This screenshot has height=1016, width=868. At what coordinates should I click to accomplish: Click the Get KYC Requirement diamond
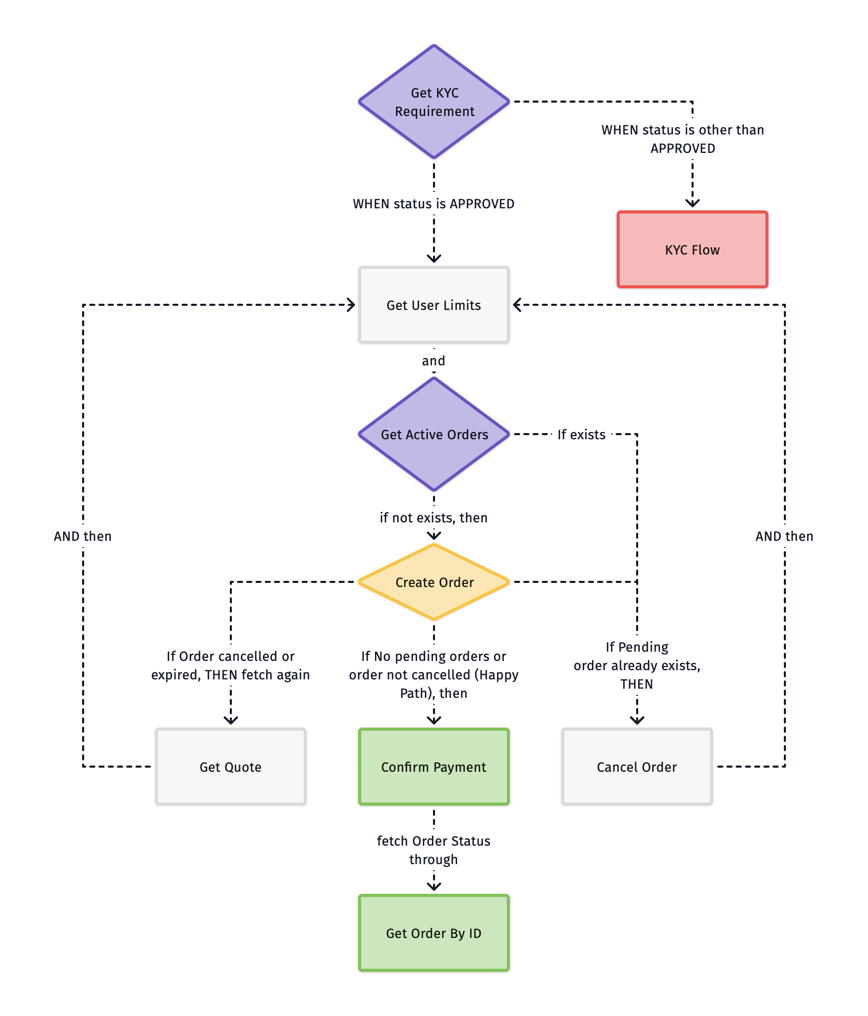click(434, 102)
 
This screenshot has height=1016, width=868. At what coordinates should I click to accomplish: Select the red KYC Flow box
click(692, 249)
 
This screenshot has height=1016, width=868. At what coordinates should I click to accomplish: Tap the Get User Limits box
click(434, 305)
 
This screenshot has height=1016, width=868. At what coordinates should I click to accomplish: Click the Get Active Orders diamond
click(434, 434)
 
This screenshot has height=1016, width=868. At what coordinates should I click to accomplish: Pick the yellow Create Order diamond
click(434, 582)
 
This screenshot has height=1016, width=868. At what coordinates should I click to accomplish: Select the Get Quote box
click(230, 767)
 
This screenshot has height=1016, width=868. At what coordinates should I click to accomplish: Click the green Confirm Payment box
click(434, 767)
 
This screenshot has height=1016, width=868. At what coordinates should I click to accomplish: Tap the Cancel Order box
click(637, 767)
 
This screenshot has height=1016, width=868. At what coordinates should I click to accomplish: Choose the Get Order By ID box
click(434, 933)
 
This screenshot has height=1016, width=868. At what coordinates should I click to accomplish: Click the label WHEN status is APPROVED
click(434, 204)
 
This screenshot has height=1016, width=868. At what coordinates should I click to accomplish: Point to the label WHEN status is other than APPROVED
click(683, 139)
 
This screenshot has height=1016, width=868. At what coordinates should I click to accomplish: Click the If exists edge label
click(581, 435)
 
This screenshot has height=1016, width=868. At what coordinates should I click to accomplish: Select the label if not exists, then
click(434, 518)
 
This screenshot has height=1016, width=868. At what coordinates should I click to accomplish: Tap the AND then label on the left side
click(83, 536)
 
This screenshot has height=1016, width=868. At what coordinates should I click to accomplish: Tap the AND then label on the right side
click(784, 536)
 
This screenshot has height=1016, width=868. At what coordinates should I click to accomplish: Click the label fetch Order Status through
click(434, 850)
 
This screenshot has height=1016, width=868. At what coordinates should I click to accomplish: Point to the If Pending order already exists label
click(637, 665)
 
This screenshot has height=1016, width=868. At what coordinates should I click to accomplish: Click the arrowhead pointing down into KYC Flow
click(693, 204)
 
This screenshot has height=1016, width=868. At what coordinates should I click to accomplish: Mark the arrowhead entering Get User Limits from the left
click(351, 305)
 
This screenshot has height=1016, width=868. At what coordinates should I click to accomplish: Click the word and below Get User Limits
click(433, 361)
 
